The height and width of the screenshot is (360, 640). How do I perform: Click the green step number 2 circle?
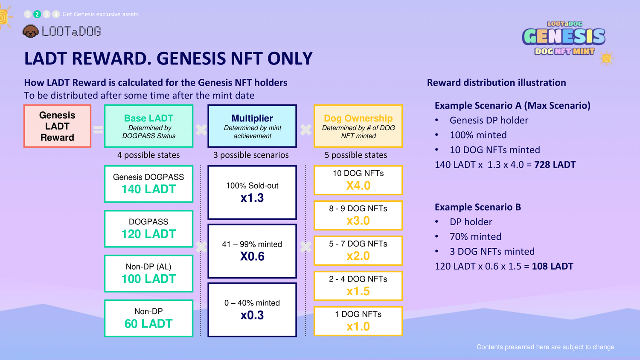coord(37,14)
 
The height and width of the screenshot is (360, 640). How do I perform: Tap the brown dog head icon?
coord(30,31)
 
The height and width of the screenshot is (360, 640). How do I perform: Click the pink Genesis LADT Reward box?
coord(58,126)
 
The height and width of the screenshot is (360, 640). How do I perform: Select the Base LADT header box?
coord(148,126)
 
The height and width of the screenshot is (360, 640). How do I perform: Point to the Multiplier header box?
coord(252,126)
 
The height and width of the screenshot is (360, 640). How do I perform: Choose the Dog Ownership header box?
coord(358,126)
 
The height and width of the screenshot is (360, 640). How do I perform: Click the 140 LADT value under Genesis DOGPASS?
coord(148,189)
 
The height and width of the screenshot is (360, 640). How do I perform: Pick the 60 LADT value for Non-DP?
coord(148,324)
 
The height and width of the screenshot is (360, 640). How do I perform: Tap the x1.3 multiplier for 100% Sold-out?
coord(252,198)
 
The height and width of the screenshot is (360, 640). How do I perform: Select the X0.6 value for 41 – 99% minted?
coord(252,256)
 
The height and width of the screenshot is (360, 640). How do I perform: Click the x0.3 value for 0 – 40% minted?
coord(252,315)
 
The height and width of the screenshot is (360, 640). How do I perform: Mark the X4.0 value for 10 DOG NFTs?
coord(358,186)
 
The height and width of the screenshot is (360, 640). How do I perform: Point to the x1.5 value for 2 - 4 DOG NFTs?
coord(358,291)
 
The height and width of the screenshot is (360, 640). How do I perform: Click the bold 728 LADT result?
coord(555,165)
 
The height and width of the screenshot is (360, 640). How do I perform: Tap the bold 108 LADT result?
coord(553,266)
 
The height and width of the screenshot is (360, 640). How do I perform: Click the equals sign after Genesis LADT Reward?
coord(98,130)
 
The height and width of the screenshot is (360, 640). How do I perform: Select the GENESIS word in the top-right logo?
coord(564,37)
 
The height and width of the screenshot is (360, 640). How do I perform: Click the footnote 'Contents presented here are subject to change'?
coord(545,347)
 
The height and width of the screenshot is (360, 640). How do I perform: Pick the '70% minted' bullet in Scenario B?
coord(475,237)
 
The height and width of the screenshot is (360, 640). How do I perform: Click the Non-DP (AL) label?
coord(148,267)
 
